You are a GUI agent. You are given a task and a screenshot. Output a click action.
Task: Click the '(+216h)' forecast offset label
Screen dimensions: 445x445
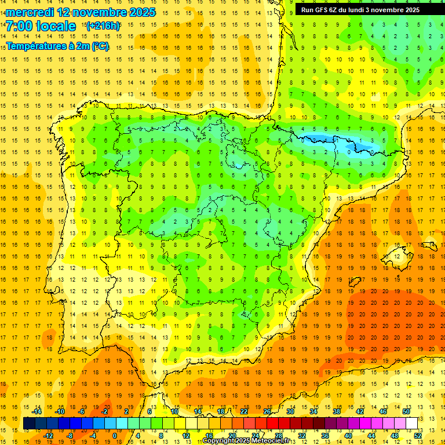click(x=103, y=26)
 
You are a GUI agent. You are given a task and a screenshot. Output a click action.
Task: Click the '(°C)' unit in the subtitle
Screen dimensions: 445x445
click(x=99, y=46)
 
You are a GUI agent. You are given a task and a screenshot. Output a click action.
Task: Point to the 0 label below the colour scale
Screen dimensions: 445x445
click(x=114, y=436)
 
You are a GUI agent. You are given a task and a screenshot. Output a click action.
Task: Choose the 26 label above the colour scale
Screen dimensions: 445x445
click(x=267, y=411)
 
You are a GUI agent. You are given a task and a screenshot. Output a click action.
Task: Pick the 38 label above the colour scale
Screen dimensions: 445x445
click(x=337, y=411)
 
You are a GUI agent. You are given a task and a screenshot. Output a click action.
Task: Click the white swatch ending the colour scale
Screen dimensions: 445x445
click(x=412, y=424)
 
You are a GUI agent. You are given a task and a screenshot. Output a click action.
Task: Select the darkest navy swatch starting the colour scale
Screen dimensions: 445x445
click(x=29, y=424)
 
